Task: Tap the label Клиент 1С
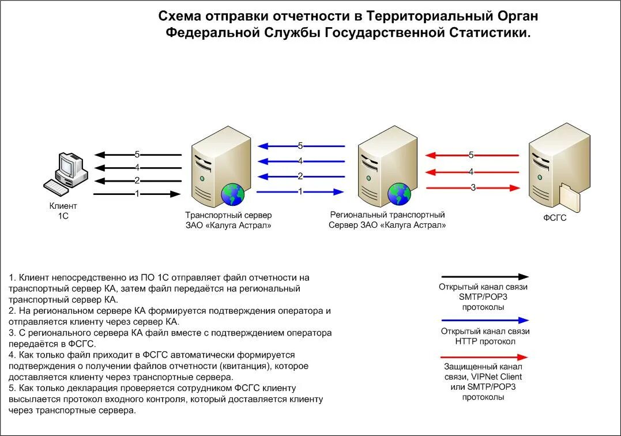point(63,211)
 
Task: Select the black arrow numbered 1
point(137,194)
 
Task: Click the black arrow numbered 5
point(137,155)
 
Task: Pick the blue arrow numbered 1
point(300,191)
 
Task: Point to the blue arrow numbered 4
point(300,161)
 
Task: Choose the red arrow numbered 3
point(473,187)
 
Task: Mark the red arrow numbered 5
point(472,155)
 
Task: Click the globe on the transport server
point(233,194)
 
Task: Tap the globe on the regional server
point(399,194)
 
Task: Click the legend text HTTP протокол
point(485,341)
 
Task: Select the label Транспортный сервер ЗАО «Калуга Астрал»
point(228,220)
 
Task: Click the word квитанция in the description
point(244,366)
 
